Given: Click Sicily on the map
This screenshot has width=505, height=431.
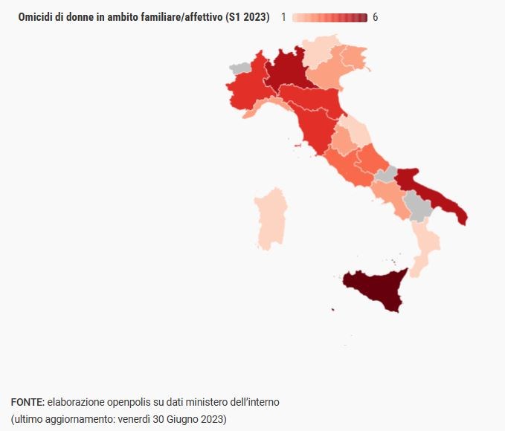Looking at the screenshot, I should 372,291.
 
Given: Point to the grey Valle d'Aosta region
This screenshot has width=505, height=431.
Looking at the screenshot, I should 240,68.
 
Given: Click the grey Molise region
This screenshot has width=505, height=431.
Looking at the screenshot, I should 386,175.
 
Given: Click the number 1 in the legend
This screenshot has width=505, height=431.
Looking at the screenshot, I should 283,17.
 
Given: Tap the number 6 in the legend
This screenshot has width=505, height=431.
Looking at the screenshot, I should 375,17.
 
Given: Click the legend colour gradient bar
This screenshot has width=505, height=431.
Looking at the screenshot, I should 329,17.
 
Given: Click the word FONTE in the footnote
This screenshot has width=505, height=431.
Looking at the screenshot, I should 27,402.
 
